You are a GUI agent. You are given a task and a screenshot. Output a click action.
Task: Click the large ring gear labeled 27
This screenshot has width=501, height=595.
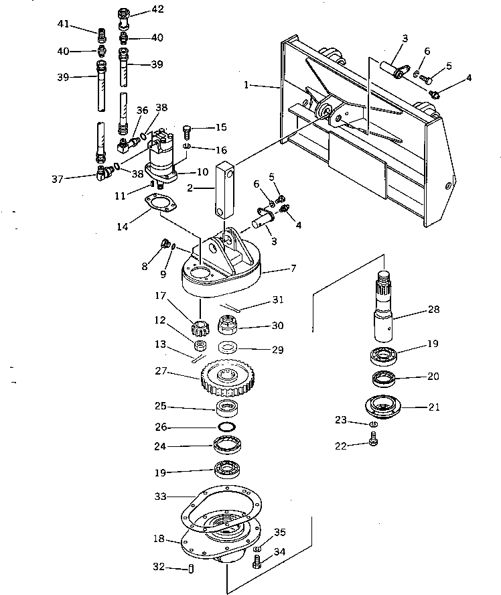(228, 378)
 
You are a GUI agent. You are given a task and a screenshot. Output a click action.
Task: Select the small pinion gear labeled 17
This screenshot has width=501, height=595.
(201, 328)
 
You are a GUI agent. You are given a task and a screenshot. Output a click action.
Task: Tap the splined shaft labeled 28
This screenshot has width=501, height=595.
(384, 306)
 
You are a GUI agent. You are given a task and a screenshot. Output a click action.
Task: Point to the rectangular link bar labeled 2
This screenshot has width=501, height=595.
(225, 190)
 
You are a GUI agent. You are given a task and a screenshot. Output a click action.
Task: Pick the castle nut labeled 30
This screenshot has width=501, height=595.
(228, 325)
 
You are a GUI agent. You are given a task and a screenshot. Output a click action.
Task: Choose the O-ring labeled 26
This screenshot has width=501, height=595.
(227, 427)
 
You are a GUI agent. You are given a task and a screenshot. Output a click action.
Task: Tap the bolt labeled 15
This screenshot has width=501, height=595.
(187, 132)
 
